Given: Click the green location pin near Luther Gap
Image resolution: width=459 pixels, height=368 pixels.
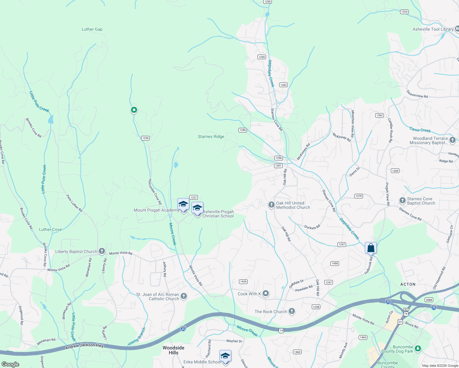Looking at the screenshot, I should [x=134, y=110].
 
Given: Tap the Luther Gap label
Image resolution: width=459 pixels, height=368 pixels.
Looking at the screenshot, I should [x=92, y=29].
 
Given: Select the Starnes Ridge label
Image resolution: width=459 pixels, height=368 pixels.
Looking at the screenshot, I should [x=211, y=137].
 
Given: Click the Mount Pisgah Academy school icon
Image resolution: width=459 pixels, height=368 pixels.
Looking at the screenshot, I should [x=183, y=205].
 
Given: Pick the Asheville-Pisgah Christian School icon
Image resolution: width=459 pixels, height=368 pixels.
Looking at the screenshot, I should [x=197, y=208].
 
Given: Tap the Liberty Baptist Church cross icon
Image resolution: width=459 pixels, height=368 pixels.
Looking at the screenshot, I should [x=102, y=251].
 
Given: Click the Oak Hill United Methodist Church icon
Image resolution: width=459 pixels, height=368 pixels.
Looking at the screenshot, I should [x=271, y=205].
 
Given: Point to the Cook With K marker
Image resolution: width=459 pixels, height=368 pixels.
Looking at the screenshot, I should [x=266, y=293].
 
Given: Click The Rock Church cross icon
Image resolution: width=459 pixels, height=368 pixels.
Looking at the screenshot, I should [x=291, y=312].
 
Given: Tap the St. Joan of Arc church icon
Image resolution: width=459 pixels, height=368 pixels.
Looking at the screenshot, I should [x=183, y=296].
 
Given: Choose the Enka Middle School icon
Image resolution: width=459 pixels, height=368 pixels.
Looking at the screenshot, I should [x=225, y=356].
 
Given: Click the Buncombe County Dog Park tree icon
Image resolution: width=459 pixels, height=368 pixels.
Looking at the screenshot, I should [x=418, y=349].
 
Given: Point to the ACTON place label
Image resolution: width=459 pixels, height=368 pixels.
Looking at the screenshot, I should [x=408, y=284].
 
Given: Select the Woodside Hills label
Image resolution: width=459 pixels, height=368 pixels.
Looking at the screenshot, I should [x=173, y=350].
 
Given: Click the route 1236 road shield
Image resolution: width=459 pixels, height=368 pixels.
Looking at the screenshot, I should [x=145, y=138].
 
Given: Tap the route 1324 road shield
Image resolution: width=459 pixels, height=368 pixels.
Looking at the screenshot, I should [x=404, y=12].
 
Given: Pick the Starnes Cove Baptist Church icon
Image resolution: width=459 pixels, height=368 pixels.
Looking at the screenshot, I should [x=402, y=201].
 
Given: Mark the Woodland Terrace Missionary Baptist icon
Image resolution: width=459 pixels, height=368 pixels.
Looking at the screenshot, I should [x=453, y=140].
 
